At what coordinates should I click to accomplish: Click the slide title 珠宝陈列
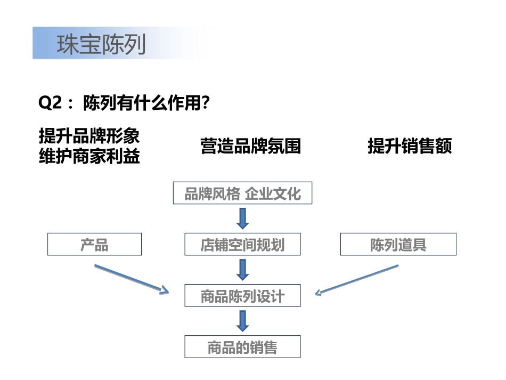coord(101,45)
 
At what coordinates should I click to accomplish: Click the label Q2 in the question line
coord(51,103)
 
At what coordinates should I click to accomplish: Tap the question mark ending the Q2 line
coord(202,103)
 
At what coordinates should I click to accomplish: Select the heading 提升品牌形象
coord(89,136)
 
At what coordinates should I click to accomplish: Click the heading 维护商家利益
coord(89,157)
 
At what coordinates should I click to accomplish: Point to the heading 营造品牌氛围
coord(250,146)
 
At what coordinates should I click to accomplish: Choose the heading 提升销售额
coord(410,146)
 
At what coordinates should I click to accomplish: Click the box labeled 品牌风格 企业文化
coord(242,193)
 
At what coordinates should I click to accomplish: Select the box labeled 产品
coord(94,245)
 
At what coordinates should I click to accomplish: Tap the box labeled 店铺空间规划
coord(242,245)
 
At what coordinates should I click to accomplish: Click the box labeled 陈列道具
coord(398,245)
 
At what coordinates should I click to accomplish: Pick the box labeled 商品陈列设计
coord(242,296)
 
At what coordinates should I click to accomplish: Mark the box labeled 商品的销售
coord(242,347)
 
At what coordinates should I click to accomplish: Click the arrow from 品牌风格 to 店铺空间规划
coord(243,218)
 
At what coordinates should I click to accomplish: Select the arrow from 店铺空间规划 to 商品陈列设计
coord(243,269)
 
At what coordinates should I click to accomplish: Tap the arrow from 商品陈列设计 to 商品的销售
coord(243,321)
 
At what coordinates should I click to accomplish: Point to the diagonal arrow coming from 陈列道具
coord(356,279)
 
